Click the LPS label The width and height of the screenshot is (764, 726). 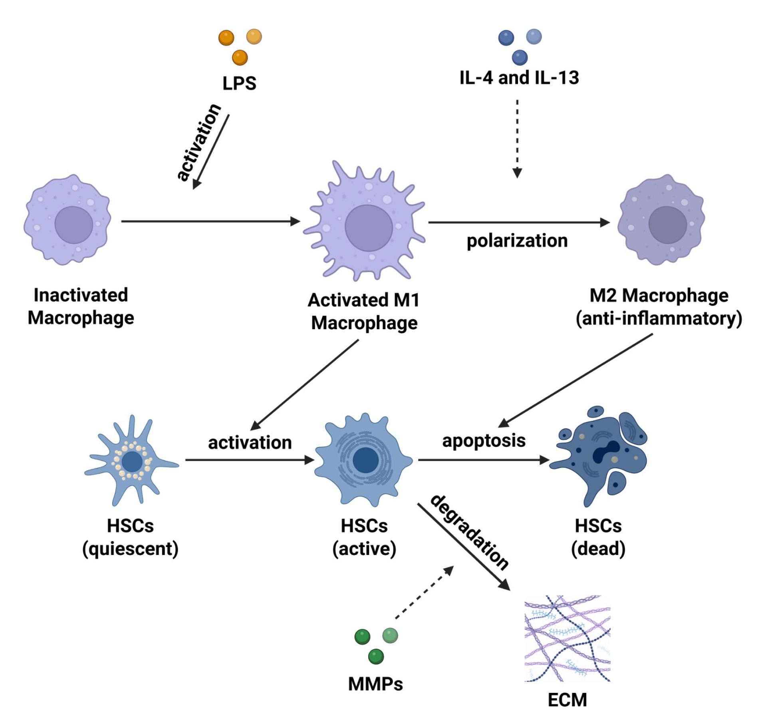[239, 83]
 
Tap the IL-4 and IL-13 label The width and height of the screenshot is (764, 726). [519, 78]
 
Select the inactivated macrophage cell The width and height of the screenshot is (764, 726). [67, 220]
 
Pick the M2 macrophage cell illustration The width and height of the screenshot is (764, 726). [661, 220]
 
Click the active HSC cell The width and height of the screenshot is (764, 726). [364, 459]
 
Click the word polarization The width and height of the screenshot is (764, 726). [517, 241]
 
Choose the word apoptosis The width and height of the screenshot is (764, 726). [484, 441]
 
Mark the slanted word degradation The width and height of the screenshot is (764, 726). [469, 531]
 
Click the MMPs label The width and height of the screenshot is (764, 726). [375, 684]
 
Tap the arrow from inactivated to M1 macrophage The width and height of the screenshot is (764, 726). [210, 221]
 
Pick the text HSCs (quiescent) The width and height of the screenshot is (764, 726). [130, 537]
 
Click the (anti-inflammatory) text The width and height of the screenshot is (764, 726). [659, 318]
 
